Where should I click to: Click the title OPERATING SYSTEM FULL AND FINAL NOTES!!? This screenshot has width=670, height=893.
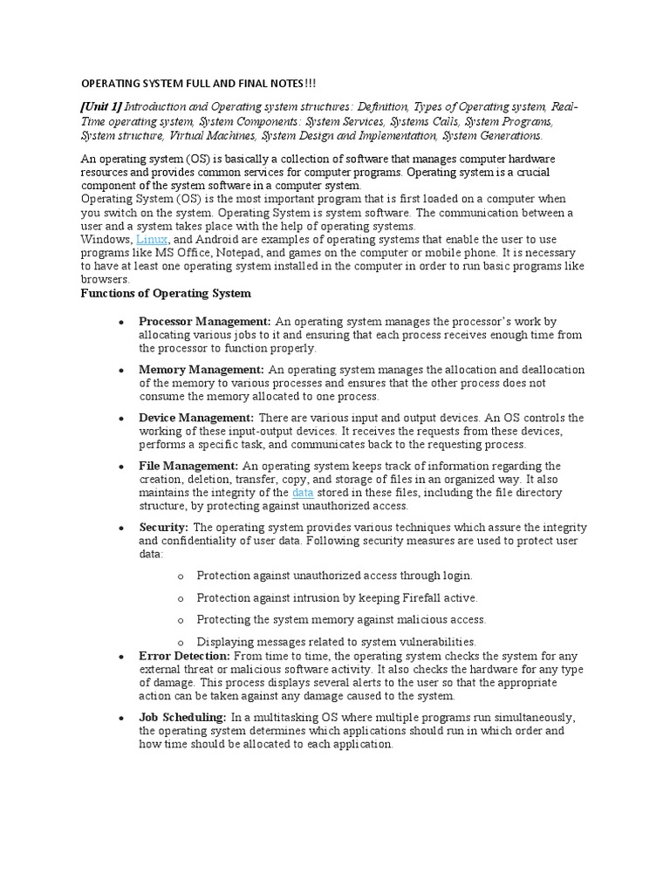click(x=199, y=83)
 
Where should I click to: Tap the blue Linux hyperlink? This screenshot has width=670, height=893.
click(x=151, y=239)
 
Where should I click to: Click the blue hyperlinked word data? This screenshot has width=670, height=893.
click(x=302, y=493)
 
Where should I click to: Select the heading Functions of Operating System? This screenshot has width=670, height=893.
click(x=166, y=293)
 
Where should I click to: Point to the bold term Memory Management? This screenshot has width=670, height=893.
click(x=202, y=370)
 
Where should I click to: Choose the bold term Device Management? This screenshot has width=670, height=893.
click(x=196, y=418)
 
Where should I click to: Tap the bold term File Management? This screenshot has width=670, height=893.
click(x=188, y=466)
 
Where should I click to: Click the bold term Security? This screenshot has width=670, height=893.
click(x=163, y=528)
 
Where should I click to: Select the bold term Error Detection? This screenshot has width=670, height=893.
click(x=184, y=656)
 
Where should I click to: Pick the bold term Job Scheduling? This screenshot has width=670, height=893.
click(x=182, y=718)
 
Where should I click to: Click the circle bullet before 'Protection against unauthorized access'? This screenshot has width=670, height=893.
click(x=180, y=576)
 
